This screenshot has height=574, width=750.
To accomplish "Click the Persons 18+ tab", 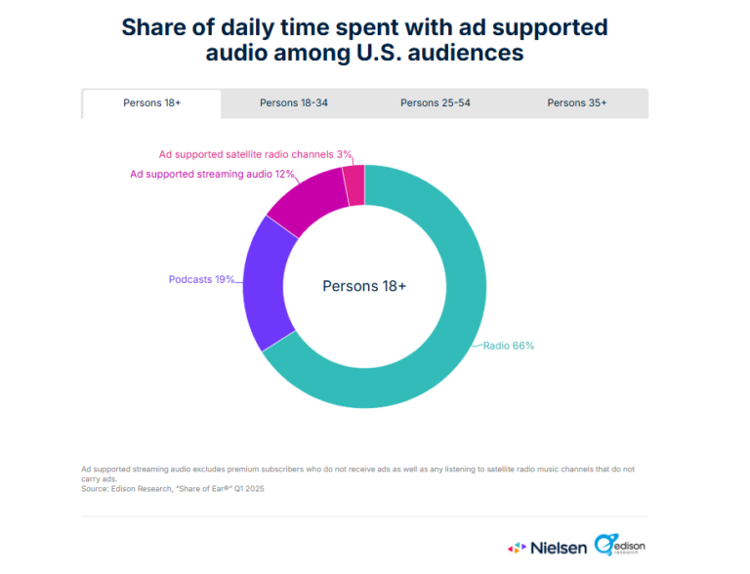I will pyautogui.click(x=151, y=102).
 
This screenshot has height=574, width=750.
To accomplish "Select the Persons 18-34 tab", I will pyautogui.click(x=293, y=102).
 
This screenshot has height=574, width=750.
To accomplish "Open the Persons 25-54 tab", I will pyautogui.click(x=435, y=102).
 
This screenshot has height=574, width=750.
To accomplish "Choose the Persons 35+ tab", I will pyautogui.click(x=576, y=102).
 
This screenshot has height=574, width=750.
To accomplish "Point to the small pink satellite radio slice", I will pyautogui.click(x=354, y=184).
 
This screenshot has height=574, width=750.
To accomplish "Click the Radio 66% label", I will pyautogui.click(x=509, y=346).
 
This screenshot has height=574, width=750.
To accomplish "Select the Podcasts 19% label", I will pyautogui.click(x=201, y=279).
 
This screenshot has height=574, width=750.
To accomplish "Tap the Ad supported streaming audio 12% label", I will pyautogui.click(x=199, y=174).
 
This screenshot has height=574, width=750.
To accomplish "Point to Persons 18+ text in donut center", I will pyautogui.click(x=364, y=286).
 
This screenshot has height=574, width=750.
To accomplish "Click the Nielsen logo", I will pyautogui.click(x=547, y=548).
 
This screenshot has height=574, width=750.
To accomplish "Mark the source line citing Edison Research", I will pyautogui.click(x=173, y=489).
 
